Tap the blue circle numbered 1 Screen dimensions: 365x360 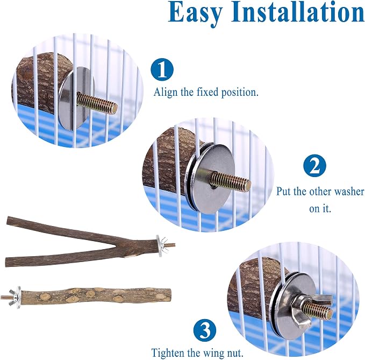point(162,69)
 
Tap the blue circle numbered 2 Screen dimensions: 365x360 point(314,165)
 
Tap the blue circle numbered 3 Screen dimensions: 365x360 point(205,330)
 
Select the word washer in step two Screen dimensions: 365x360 point(349,192)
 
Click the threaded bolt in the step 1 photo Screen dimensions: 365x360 point(97,102)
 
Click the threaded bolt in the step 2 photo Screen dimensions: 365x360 point(231,179)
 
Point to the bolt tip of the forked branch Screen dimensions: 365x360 point(174,245)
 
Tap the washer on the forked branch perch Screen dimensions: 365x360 point(159,246)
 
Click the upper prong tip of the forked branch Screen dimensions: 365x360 point(8,219)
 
